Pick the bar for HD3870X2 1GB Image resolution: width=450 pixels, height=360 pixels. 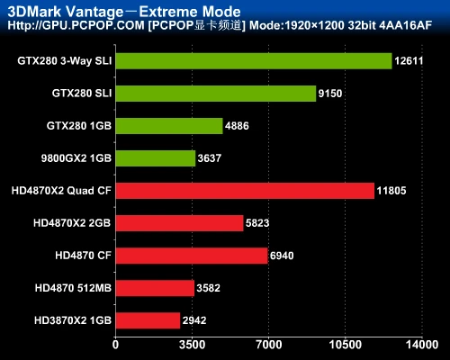[x=148, y=319]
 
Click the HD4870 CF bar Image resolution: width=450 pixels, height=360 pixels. [x=192, y=256]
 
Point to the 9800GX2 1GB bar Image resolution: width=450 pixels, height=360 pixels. [x=156, y=158]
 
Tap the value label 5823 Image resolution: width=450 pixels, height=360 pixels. [x=259, y=223]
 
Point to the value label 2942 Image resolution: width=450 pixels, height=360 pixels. [x=195, y=319]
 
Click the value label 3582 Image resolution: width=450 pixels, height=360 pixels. [x=209, y=288]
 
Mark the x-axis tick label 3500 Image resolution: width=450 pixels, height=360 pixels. [x=192, y=344]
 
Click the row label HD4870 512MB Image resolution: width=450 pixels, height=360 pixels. [x=73, y=288]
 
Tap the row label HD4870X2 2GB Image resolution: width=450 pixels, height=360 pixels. [x=72, y=223]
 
